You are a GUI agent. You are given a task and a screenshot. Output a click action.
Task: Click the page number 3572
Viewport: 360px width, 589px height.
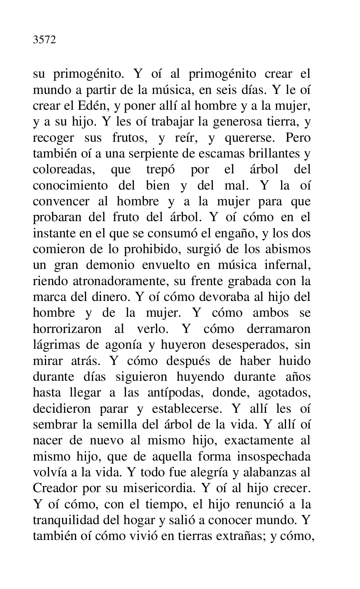tap(44, 41)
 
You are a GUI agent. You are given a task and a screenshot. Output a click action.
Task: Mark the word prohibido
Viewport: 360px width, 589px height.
tap(163, 249)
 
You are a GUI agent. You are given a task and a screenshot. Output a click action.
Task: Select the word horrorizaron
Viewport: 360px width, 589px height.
tap(67, 329)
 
